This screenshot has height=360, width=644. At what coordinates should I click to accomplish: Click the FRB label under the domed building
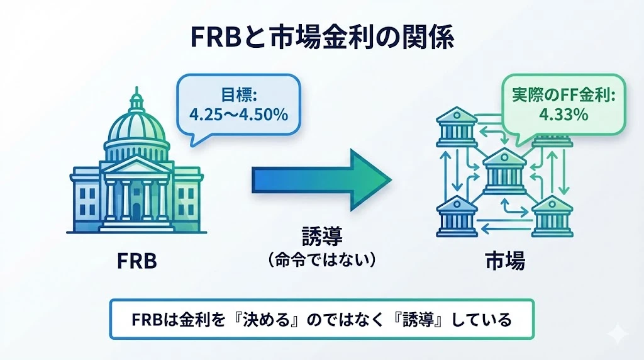click(x=136, y=260)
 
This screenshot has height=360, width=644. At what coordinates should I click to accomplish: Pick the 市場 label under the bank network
click(x=504, y=260)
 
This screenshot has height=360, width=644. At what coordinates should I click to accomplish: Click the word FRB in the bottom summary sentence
click(x=147, y=320)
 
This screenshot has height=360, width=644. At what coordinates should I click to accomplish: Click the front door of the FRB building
click(x=136, y=207)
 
